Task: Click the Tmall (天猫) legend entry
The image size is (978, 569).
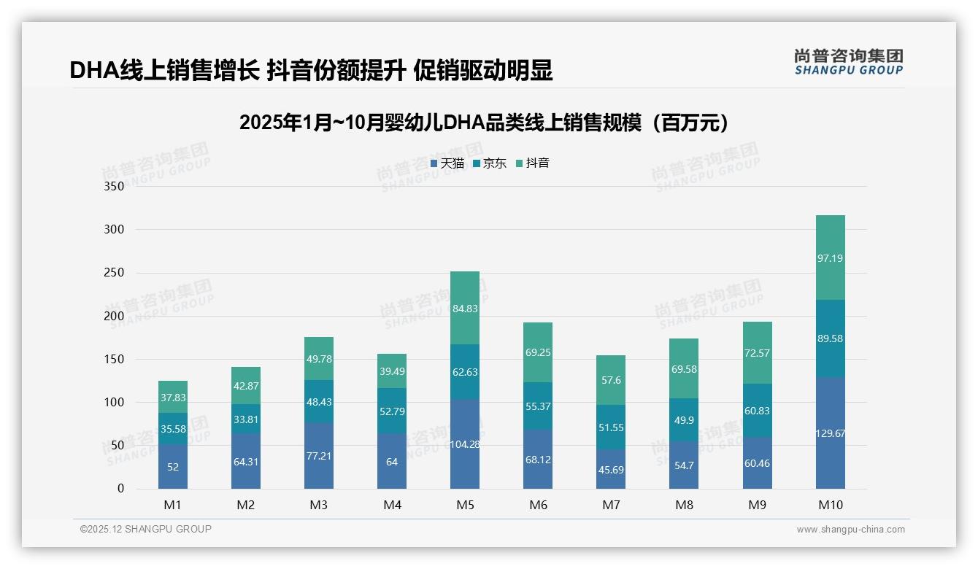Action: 447,163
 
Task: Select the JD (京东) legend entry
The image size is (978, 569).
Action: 490,163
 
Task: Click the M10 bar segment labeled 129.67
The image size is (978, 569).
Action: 830,433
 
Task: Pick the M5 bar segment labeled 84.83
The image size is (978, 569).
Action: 465,308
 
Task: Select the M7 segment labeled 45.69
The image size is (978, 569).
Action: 611,468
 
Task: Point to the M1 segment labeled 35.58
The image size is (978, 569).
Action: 173,428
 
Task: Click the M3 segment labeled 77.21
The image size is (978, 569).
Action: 319,455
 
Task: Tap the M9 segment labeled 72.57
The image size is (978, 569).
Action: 757,353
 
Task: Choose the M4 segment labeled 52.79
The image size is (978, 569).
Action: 392,411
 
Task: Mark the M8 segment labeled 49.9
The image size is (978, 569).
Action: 684,419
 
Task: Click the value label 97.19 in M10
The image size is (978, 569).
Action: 830,258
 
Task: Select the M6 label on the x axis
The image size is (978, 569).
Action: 538,505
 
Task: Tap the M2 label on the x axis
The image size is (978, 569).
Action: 246,505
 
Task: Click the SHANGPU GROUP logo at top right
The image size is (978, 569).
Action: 848,61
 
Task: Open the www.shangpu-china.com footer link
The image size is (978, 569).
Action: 850,530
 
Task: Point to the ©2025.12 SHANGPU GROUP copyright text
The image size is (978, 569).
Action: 146,530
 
